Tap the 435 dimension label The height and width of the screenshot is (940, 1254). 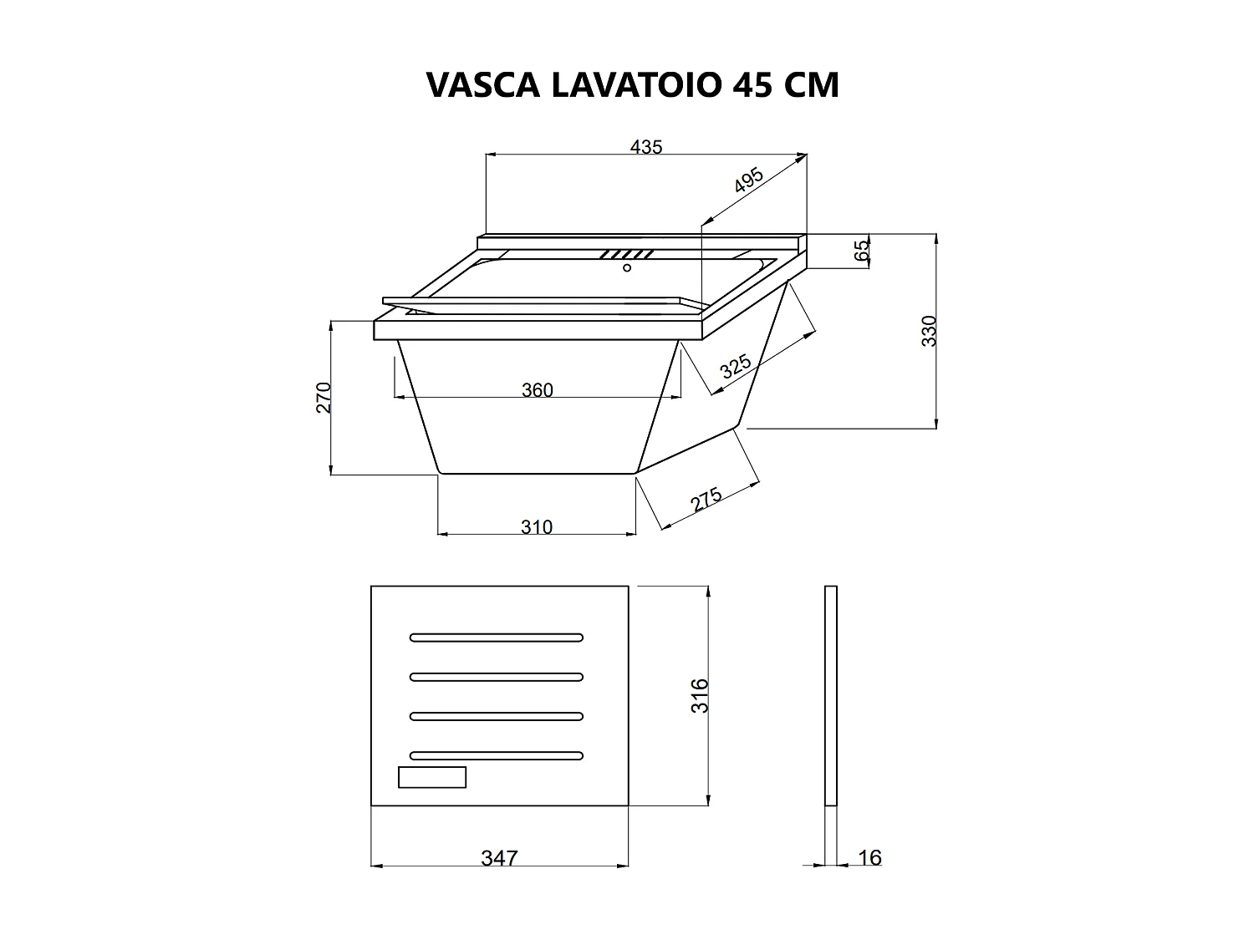pos(645,147)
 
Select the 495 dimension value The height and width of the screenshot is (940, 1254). pos(749,180)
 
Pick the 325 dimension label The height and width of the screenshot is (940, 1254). pos(736,368)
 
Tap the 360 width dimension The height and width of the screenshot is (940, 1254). pos(537,390)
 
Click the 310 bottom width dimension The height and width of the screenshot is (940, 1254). pos(537,527)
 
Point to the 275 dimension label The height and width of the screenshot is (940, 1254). pos(707,500)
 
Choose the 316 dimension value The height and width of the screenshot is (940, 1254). pos(701,695)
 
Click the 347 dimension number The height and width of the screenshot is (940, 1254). pos(499,858)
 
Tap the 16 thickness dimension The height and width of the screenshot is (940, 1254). pos(869,858)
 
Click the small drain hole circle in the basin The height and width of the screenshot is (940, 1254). pos(627,267)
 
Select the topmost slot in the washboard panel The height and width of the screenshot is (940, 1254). pos(496,638)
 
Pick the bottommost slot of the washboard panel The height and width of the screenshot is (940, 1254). pos(496,755)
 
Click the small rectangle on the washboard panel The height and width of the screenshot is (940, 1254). pos(431,777)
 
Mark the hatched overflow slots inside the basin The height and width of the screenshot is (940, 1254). pos(626,254)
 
